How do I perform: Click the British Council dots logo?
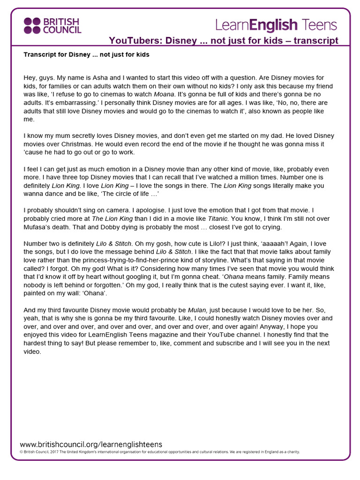pyautogui.click(x=32, y=26)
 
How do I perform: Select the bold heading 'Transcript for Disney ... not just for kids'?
pyautogui.click(x=86, y=55)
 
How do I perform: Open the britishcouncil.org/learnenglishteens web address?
pyautogui.click(x=91, y=444)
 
